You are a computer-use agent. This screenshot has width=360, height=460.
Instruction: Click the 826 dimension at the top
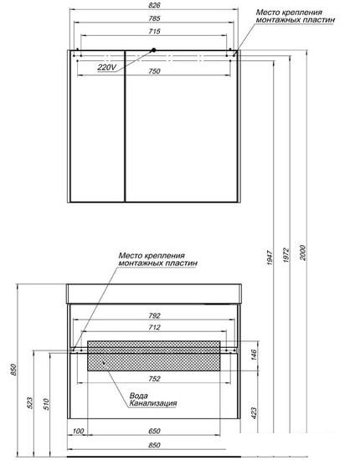(154, 5)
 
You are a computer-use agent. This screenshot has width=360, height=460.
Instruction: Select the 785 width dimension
(154, 18)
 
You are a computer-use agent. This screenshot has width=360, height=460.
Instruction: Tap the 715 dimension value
(154, 31)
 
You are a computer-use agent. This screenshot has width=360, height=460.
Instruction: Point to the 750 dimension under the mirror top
(154, 71)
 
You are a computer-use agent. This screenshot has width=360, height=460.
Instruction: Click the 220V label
(107, 68)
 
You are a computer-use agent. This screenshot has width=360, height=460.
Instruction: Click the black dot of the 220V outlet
(153, 50)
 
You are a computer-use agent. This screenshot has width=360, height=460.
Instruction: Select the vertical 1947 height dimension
(270, 258)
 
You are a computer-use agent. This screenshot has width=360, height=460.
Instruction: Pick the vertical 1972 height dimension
(286, 255)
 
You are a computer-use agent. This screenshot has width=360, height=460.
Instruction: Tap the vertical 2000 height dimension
(303, 253)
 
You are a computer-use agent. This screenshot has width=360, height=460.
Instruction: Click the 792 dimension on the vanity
(154, 315)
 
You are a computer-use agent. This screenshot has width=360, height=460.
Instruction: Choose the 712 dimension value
(154, 327)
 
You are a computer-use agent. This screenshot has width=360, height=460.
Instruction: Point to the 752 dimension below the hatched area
(154, 379)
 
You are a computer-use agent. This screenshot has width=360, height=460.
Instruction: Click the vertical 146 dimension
(254, 355)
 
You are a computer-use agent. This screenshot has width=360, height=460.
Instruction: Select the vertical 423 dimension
(254, 413)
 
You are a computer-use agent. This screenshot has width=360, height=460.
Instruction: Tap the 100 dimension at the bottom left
(78, 431)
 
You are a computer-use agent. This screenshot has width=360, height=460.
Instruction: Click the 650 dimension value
(154, 431)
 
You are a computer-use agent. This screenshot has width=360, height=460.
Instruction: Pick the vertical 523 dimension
(29, 403)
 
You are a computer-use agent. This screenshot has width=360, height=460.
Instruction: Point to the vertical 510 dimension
(46, 404)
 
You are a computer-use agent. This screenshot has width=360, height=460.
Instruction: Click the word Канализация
(153, 403)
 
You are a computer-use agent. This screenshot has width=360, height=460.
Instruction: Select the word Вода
(139, 396)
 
